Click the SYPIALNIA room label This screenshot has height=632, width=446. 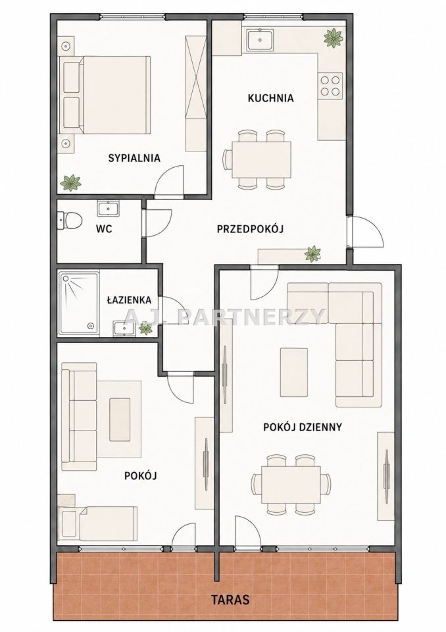[134, 158]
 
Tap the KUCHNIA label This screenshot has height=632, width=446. [271, 98]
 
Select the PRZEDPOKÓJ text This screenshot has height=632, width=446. [250, 229]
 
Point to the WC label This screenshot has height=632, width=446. [104, 229]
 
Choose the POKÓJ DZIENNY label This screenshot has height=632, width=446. [303, 427]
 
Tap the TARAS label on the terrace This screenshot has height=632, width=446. [230, 599]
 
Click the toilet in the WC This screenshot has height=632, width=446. [70, 221]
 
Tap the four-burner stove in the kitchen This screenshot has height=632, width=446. [330, 86]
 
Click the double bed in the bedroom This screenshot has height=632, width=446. [105, 95]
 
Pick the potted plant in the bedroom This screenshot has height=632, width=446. [70, 182]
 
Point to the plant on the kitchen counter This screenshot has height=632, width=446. [334, 38]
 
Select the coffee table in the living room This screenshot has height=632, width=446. [294, 372]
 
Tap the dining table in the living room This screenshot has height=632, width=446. [291, 485]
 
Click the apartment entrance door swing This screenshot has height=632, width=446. [366, 231]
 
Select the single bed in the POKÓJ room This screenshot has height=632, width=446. [97, 523]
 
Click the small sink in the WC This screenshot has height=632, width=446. [108, 209]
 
